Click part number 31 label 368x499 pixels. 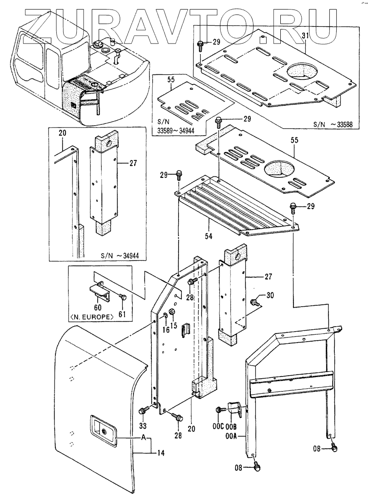tap(306, 36)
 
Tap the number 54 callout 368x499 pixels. tap(209, 236)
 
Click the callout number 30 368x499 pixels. tap(270, 295)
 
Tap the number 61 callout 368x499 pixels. tap(123, 314)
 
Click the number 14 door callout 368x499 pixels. tap(162, 453)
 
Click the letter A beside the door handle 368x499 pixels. tap(144, 438)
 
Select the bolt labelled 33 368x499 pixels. tap(143, 410)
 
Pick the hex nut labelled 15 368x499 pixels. tap(171, 311)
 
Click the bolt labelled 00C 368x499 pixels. tap(219, 410)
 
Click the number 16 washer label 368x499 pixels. tap(164, 329)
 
